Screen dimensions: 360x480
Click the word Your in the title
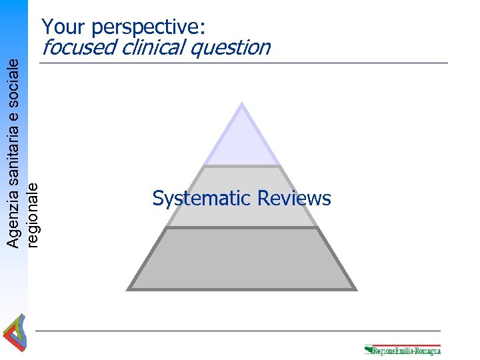click(x=64, y=27)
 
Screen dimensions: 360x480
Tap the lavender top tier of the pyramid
click(x=241, y=140)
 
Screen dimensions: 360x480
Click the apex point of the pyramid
click(x=241, y=103)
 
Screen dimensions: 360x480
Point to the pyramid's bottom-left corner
click(x=128, y=289)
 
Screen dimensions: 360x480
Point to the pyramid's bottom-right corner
click(x=356, y=289)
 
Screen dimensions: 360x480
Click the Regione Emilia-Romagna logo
click(x=403, y=349)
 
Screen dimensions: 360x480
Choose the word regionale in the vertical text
click(x=33, y=215)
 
